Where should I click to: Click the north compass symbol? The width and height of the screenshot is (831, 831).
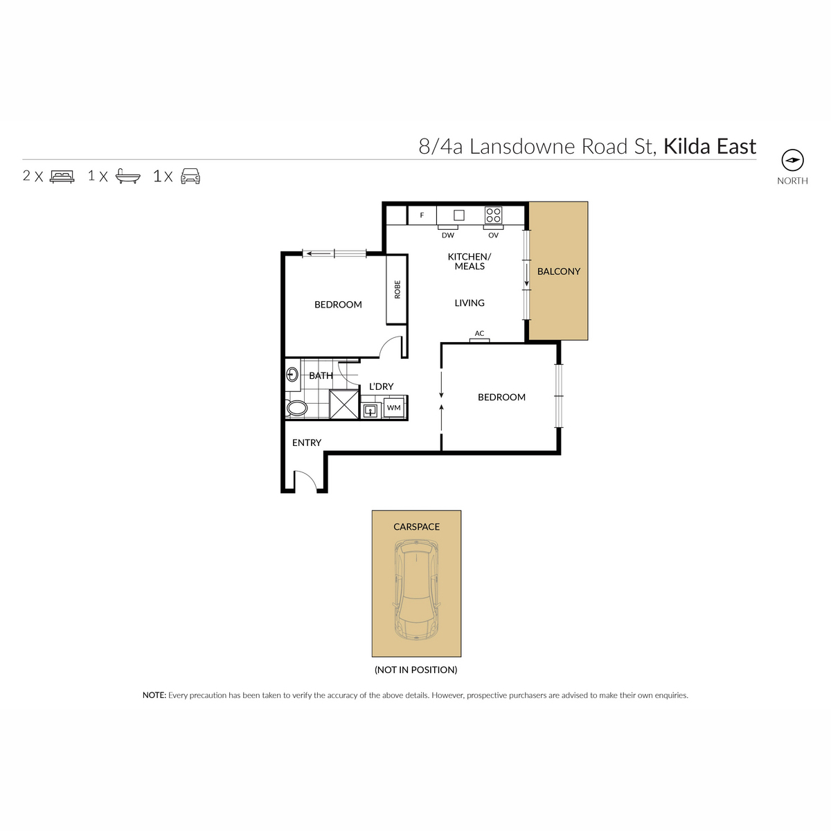pyautogui.click(x=792, y=161)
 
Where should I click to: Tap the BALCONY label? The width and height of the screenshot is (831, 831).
pyautogui.click(x=558, y=271)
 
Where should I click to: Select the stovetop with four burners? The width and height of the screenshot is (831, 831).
pyautogui.click(x=493, y=215)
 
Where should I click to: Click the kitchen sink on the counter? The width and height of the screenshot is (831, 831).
pyautogui.click(x=459, y=215)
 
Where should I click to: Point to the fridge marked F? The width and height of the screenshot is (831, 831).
pyautogui.click(x=422, y=215)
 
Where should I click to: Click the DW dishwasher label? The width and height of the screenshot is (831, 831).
pyautogui.click(x=447, y=235)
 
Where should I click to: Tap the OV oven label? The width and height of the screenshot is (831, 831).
pyautogui.click(x=493, y=235)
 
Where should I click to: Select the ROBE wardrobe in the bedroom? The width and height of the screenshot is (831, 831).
pyautogui.click(x=397, y=289)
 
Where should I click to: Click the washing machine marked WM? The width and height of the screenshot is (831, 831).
pyautogui.click(x=393, y=407)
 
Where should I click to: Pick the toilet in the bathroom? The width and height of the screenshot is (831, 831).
pyautogui.click(x=296, y=407)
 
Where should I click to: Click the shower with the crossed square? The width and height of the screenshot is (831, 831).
pyautogui.click(x=343, y=404)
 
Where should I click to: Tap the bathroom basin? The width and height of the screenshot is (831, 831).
pyautogui.click(x=292, y=374)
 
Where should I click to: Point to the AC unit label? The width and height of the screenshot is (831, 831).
pyautogui.click(x=479, y=333)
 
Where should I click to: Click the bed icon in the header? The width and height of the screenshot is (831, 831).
pyautogui.click(x=62, y=177)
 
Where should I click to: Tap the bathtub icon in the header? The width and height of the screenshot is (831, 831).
pyautogui.click(x=128, y=177)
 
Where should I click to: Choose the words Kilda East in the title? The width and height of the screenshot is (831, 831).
pyautogui.click(x=709, y=147)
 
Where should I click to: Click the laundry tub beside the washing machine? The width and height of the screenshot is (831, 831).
pyautogui.click(x=370, y=410)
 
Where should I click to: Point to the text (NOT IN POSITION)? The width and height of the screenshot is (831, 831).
pyautogui.click(x=415, y=670)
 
